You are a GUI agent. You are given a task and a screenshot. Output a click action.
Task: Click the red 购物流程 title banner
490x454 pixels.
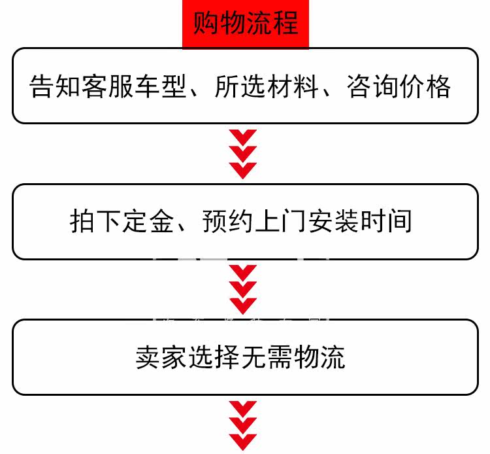click(x=245, y=24)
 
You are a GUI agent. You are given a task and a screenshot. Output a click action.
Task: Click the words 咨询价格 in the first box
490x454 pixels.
click(x=404, y=86)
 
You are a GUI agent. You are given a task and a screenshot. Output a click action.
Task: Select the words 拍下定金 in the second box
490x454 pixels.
click(x=120, y=222)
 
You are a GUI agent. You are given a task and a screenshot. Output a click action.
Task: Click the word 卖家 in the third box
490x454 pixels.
click(x=154, y=358)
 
